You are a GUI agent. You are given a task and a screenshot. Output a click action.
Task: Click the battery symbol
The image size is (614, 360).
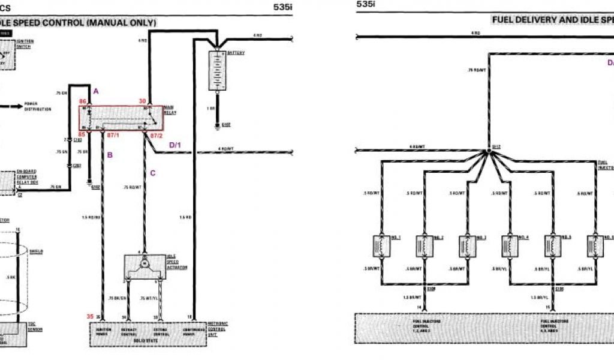point(216,70)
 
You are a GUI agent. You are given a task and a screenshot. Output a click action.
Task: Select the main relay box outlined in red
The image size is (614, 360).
point(122,118)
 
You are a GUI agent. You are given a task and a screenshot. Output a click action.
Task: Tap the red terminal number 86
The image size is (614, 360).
point(83,102)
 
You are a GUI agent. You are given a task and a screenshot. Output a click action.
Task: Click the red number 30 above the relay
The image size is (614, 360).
point(142,101)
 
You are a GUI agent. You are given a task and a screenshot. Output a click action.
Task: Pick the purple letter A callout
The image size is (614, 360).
point(96,91)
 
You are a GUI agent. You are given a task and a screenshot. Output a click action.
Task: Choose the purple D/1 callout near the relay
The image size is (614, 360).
point(175,145)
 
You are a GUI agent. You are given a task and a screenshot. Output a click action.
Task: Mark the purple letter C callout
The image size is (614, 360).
point(153,173)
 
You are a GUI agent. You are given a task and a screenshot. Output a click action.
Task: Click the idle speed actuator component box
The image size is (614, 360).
point(144,266)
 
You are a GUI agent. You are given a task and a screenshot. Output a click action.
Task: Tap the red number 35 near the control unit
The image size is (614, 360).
point(90,316)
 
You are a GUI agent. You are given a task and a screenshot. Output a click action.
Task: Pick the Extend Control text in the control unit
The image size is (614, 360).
point(161,332)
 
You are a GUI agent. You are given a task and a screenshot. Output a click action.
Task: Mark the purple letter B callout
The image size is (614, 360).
point(110,155)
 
